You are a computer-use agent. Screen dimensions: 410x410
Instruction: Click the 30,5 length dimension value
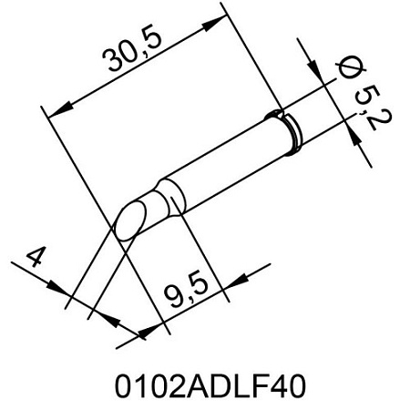click(x=132, y=50)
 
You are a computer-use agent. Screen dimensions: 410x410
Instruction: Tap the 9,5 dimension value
click(x=186, y=288)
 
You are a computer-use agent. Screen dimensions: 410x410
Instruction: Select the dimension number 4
click(x=36, y=257)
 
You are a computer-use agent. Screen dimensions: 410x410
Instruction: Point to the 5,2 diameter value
click(x=372, y=108)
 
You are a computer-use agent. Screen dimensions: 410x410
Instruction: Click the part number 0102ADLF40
click(x=210, y=386)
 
